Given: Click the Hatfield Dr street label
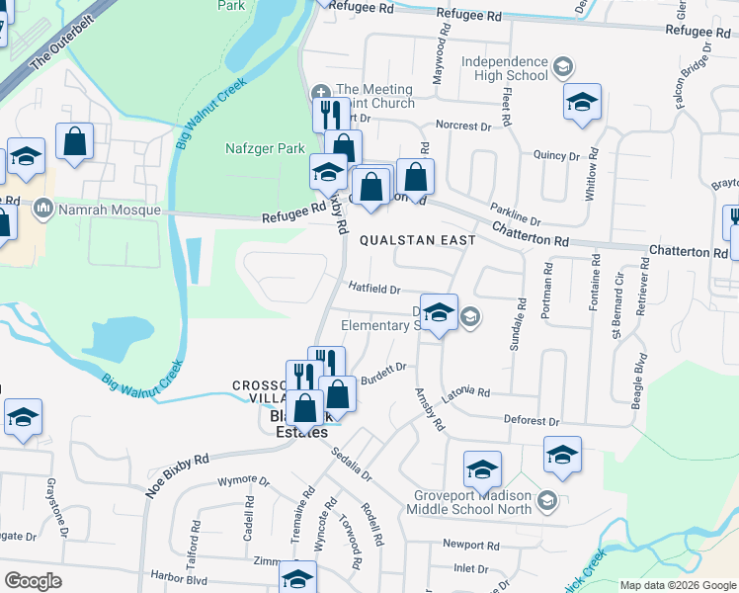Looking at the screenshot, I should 374,290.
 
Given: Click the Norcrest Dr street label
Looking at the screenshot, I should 463,127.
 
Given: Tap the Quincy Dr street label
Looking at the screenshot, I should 556,155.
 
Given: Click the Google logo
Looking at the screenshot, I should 34,581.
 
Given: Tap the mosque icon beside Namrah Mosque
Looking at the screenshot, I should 42,210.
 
